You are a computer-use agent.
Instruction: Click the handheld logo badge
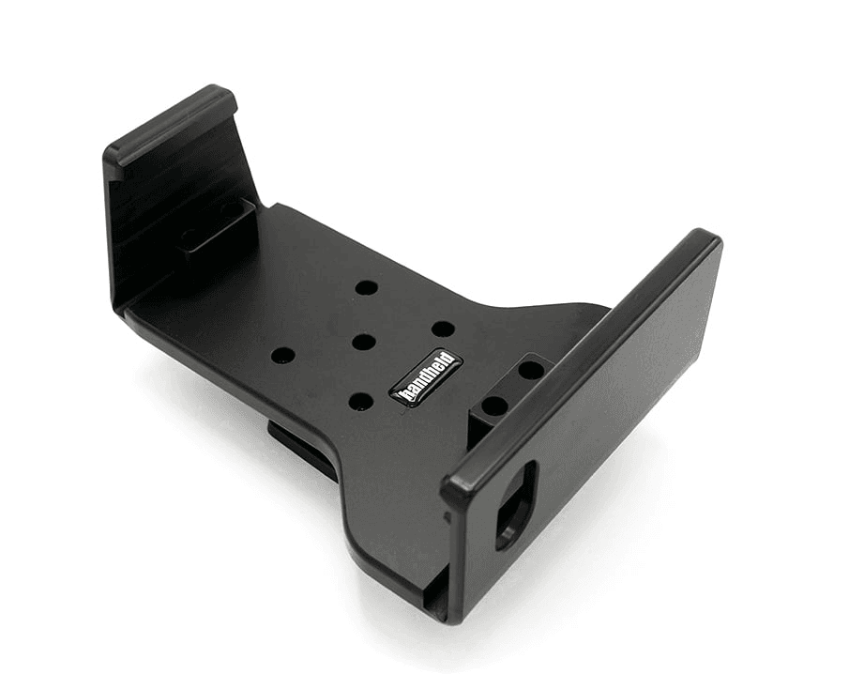click(x=426, y=376)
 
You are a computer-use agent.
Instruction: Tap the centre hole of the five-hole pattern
click(x=363, y=342)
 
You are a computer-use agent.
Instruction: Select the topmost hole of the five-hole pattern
click(x=367, y=286)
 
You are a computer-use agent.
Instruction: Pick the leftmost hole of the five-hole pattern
click(x=283, y=356)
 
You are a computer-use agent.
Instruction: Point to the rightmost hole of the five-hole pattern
click(x=443, y=329)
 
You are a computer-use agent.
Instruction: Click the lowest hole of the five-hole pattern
click(x=362, y=402)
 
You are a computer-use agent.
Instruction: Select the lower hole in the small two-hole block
click(x=494, y=405)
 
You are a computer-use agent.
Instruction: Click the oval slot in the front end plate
click(x=515, y=506)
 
